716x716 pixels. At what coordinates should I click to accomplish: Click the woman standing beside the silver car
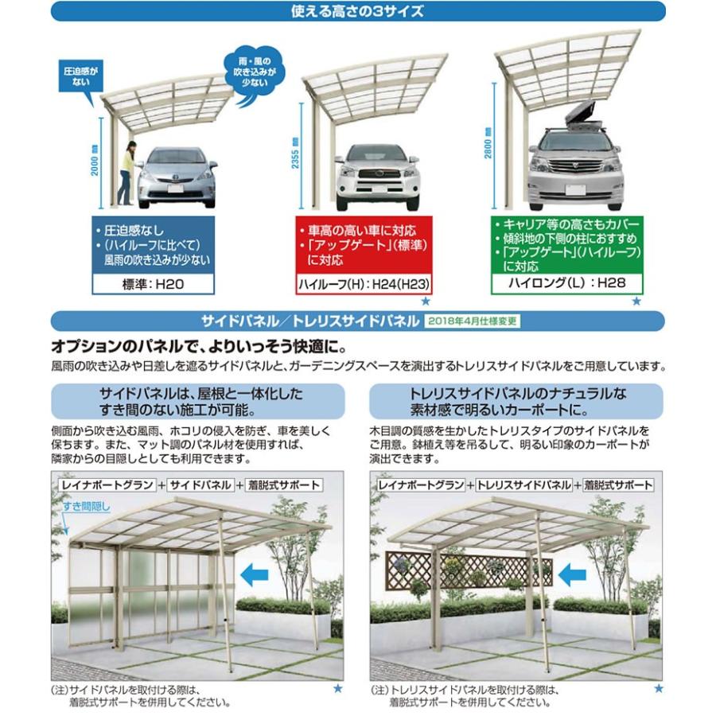point(127,171)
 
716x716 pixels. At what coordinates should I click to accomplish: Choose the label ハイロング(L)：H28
point(567,282)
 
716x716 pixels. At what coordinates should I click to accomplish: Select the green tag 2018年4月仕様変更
point(472,321)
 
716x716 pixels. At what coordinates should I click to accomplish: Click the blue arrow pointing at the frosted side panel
point(254,570)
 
